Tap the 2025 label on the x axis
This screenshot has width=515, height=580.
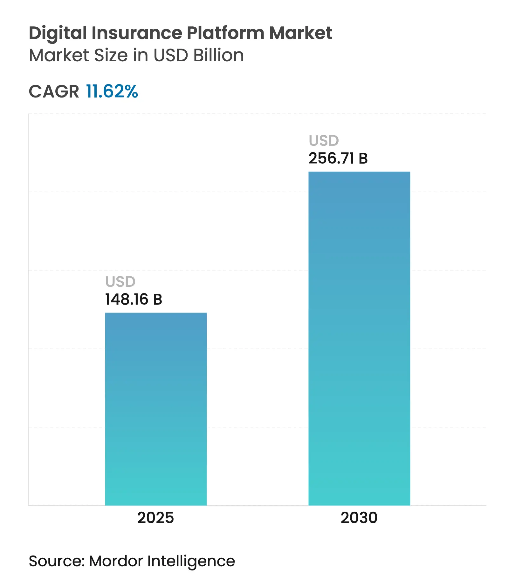pos(155,518)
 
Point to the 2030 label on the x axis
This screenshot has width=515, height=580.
pos(359,518)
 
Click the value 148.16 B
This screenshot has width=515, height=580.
pos(134,300)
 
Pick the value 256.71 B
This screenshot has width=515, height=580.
pos(338,158)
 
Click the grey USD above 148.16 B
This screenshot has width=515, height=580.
pos(120,282)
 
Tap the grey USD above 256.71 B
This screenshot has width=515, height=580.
pos(324,141)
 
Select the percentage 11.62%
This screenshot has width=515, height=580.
pos(112,91)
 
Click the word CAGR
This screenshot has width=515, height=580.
pos(54,92)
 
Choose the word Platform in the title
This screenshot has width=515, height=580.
pos(225,33)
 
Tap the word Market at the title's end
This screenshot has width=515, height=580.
pos(300,33)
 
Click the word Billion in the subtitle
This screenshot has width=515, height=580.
pos(218,55)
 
